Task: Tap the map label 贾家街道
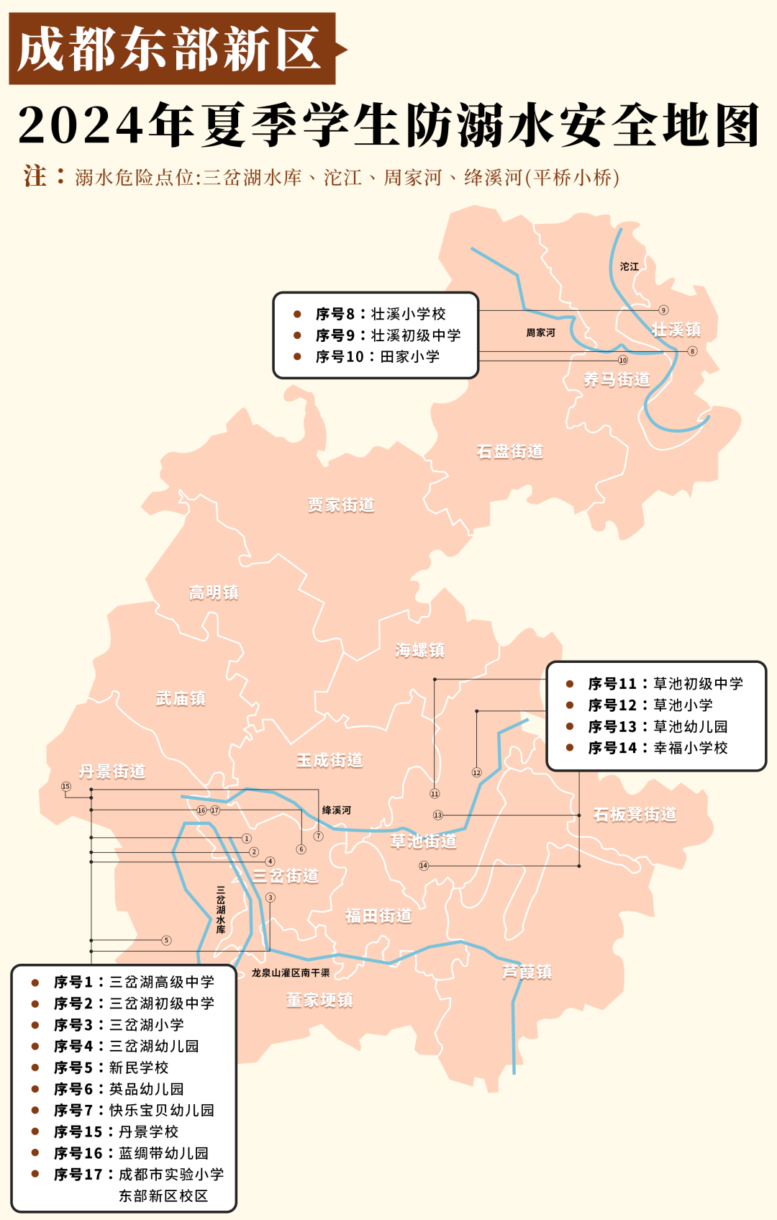(x=341, y=505)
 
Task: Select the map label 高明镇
(x=214, y=593)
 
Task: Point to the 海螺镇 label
(x=419, y=651)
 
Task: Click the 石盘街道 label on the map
(x=510, y=452)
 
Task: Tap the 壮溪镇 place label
(x=676, y=330)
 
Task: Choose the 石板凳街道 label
(x=635, y=815)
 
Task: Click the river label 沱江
(x=630, y=266)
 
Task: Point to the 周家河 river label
(x=540, y=333)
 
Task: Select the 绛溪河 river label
(x=336, y=810)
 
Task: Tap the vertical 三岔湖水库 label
(x=221, y=910)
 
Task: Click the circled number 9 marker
(x=663, y=310)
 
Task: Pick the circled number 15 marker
(x=66, y=787)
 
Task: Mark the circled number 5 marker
(x=166, y=940)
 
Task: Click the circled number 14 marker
(x=424, y=866)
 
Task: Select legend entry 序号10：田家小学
(x=378, y=357)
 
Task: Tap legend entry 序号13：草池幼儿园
(x=658, y=727)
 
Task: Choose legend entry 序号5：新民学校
(x=111, y=1067)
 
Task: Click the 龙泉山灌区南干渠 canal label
(x=291, y=973)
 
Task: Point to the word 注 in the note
(x=35, y=176)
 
